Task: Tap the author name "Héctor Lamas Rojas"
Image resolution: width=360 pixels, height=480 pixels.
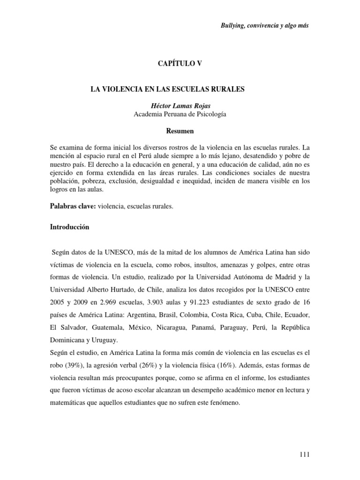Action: tap(180, 106)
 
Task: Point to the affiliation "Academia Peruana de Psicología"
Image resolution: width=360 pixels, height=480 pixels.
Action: tap(180, 114)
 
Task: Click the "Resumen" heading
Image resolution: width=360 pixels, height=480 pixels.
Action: tap(180, 131)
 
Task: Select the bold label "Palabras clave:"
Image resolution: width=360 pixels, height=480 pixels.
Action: tap(73, 207)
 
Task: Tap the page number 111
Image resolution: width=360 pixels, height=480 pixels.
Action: tap(303, 454)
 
